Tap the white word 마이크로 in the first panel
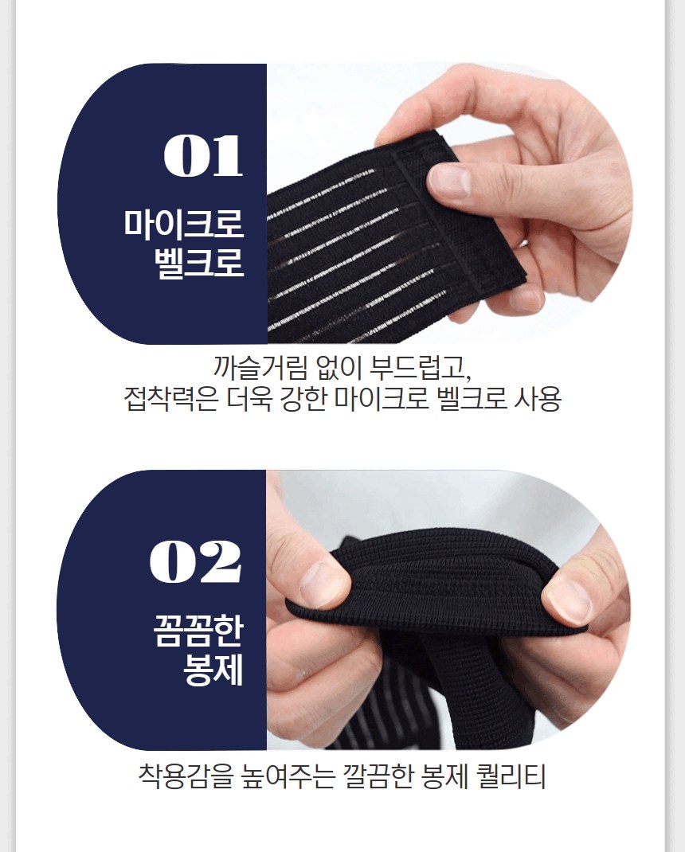[x=183, y=223]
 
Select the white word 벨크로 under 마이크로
[x=198, y=262]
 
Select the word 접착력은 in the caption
[x=171, y=400]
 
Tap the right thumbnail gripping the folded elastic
[x=568, y=600]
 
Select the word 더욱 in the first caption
[x=249, y=400]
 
